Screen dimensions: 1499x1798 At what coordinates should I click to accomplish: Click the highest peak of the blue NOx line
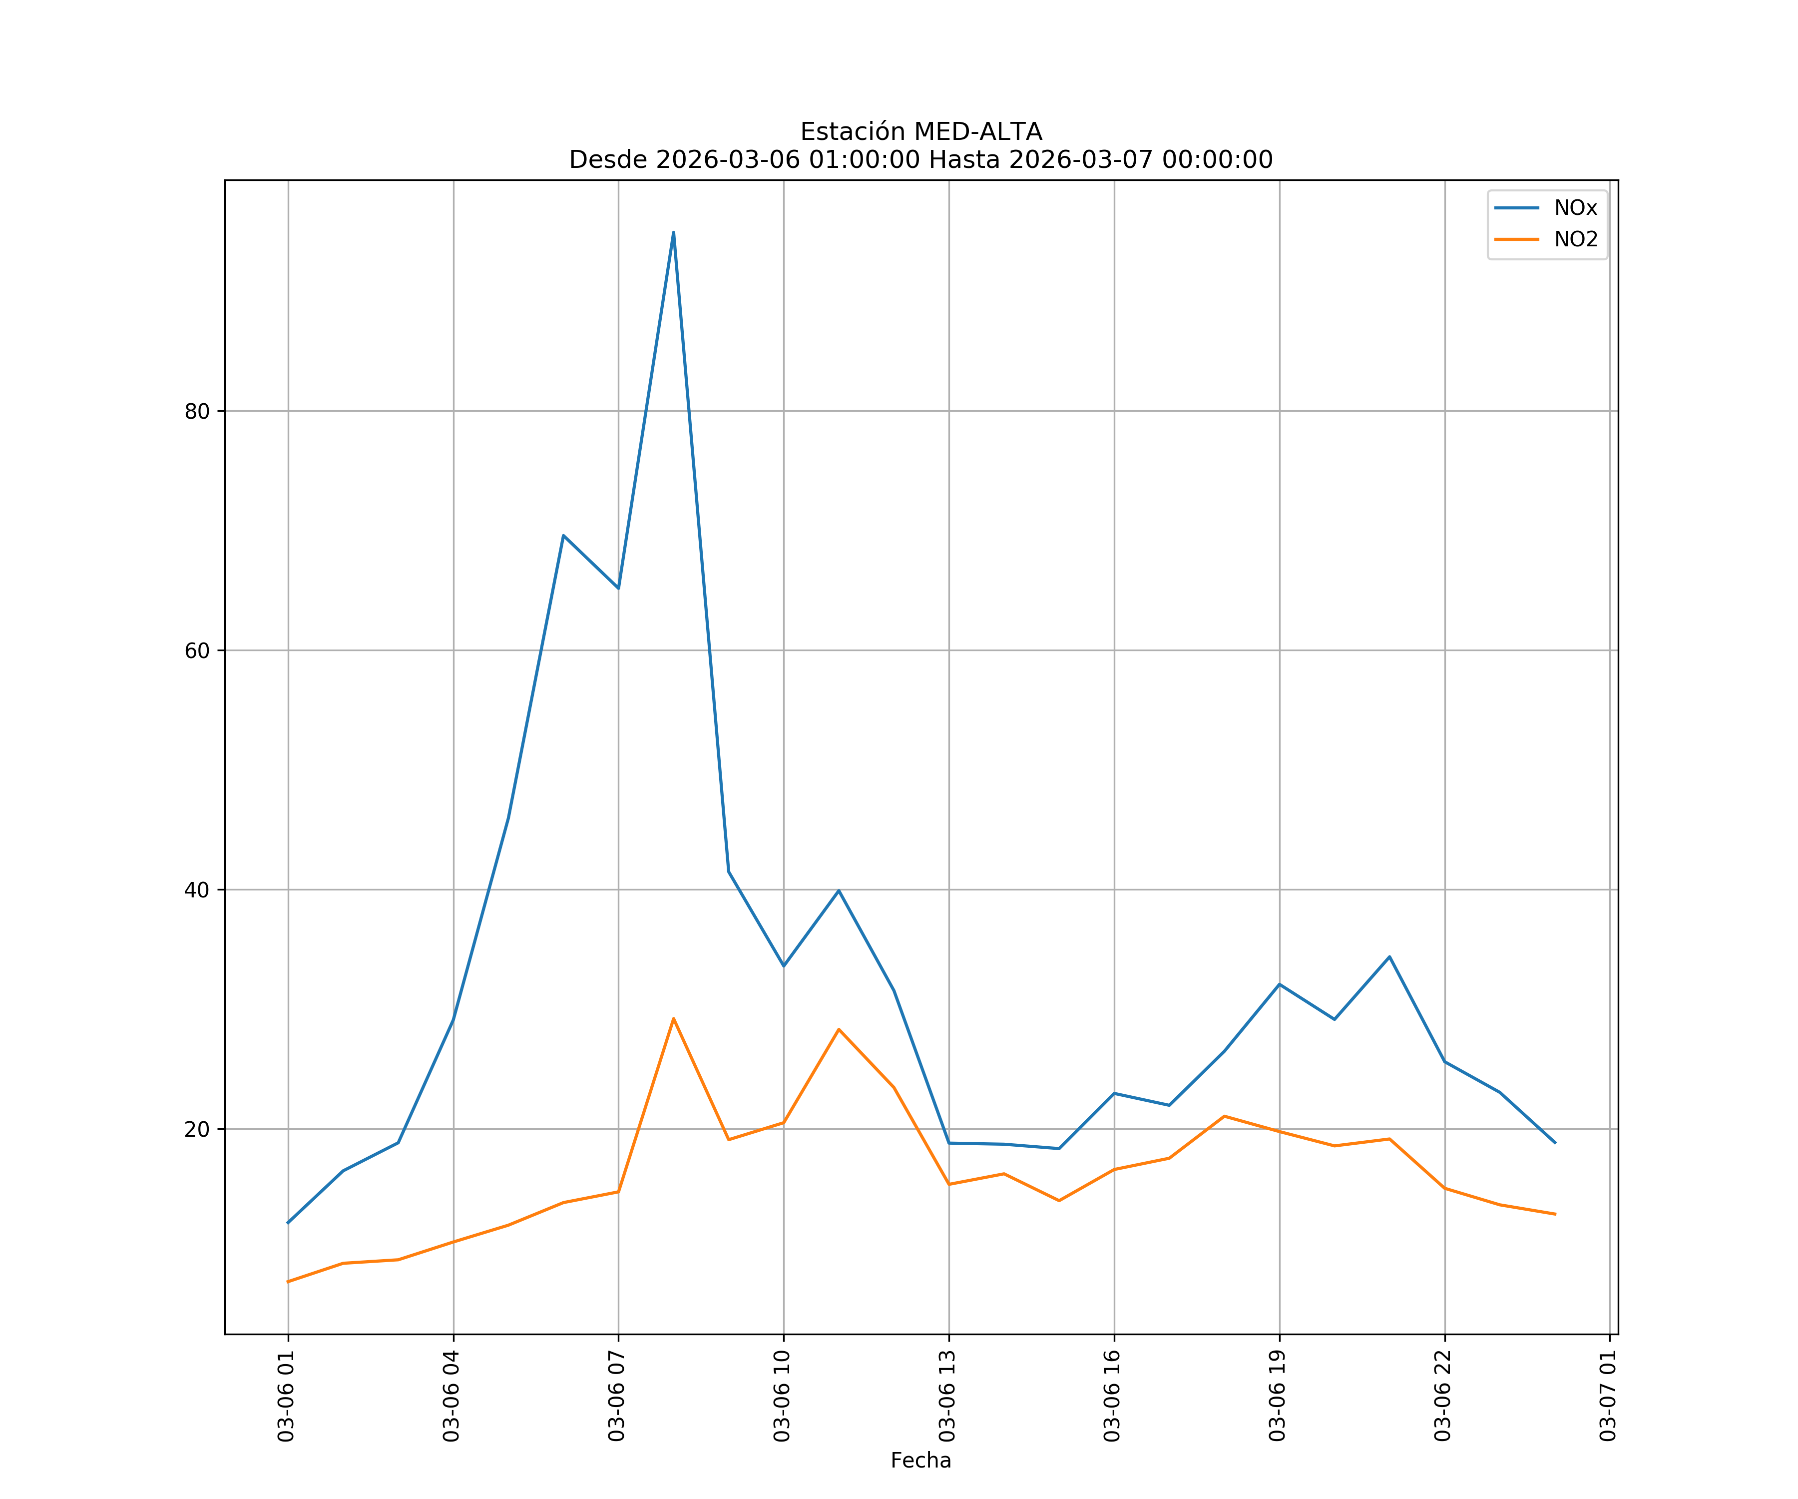click(x=673, y=232)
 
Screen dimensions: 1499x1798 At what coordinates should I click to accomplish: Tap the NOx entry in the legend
click(x=1575, y=208)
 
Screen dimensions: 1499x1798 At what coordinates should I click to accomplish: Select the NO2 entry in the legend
click(x=1575, y=240)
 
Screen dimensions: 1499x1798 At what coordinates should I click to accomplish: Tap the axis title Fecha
click(x=920, y=1461)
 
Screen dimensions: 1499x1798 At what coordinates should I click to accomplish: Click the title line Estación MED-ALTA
click(x=920, y=132)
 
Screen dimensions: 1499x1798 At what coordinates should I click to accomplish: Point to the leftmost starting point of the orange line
click(x=288, y=1282)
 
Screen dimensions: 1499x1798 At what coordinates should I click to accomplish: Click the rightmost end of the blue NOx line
click(x=1555, y=1143)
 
